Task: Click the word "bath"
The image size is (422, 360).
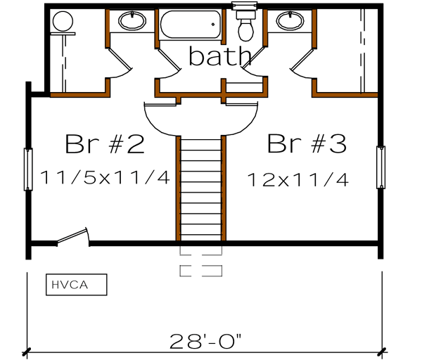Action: [218, 55]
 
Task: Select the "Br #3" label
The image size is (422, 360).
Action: [307, 144]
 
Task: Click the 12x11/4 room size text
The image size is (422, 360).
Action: [298, 179]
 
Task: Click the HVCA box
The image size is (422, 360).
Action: [76, 285]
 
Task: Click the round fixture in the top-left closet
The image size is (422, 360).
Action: [63, 21]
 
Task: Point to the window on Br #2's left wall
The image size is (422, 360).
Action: [29, 169]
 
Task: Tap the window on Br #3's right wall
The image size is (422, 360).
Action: [381, 167]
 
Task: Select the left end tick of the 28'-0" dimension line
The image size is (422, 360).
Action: [27, 350]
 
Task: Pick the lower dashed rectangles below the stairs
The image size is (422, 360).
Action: [201, 270]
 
